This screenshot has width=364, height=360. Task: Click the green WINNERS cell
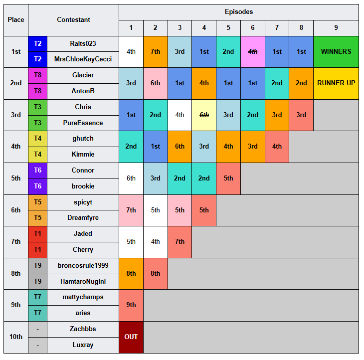pyautogui.click(x=336, y=51)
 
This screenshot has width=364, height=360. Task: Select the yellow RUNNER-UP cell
pyautogui.click(x=336, y=83)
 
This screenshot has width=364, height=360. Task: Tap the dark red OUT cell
pyautogui.click(x=131, y=337)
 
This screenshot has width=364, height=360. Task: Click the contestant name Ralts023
pyautogui.click(x=83, y=44)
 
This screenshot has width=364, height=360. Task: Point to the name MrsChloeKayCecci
pyautogui.click(x=83, y=59)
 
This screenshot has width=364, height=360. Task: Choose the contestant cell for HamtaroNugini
pyautogui.click(x=83, y=282)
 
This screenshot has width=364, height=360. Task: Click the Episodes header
pyautogui.click(x=239, y=12)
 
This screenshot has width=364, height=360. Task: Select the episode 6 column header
pyautogui.click(x=253, y=28)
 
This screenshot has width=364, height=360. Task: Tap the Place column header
pyautogui.click(x=16, y=20)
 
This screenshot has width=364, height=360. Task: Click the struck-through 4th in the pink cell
pyautogui.click(x=253, y=51)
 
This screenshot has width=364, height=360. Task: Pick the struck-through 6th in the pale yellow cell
pyautogui.click(x=204, y=115)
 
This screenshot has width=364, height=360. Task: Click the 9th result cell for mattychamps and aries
pyautogui.click(x=131, y=305)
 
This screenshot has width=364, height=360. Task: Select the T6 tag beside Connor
pyautogui.click(x=37, y=171)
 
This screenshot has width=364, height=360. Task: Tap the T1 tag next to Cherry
pyautogui.click(x=37, y=250)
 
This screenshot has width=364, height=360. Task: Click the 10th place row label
pyautogui.click(x=16, y=337)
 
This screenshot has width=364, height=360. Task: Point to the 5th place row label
pyautogui.click(x=16, y=179)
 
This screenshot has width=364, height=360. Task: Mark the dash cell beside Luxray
pyautogui.click(x=37, y=345)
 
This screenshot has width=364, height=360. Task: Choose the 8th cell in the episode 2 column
pyautogui.click(x=155, y=273)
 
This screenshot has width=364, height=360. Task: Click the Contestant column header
pyautogui.click(x=73, y=20)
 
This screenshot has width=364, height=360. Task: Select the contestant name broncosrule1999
pyautogui.click(x=83, y=266)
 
